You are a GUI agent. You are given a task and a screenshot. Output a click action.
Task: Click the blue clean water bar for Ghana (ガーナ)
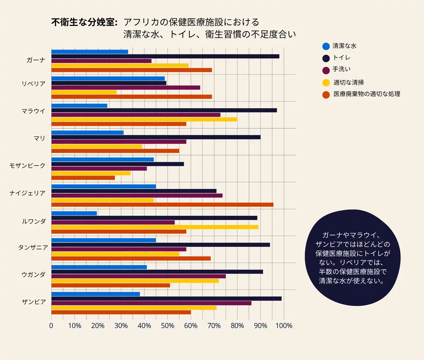point(89,52)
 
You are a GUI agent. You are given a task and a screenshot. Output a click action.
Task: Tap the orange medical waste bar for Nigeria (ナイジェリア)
point(162,205)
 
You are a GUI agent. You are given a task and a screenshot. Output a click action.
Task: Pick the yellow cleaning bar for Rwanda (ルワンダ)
point(155,227)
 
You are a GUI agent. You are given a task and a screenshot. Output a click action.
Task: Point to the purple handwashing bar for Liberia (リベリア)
point(126,88)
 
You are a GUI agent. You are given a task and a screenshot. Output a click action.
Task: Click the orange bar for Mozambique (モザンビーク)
point(83,178)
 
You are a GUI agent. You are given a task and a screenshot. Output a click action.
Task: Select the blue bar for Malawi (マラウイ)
point(79,106)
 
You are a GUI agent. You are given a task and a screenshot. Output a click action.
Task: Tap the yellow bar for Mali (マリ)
point(97,146)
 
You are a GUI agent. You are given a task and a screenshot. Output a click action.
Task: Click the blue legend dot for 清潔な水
point(326,46)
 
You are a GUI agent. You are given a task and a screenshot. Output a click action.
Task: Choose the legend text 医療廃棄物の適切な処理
point(367,94)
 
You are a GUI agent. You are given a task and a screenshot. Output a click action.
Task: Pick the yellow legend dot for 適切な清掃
point(326,83)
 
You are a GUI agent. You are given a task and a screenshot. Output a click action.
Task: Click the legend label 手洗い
point(342,69)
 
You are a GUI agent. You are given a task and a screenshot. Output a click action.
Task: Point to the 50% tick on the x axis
point(168,326)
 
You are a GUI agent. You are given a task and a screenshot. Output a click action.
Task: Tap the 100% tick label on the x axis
point(284,326)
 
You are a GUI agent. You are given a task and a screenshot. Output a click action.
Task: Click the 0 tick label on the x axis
point(51,326)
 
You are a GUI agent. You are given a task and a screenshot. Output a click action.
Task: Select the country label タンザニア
point(33,248)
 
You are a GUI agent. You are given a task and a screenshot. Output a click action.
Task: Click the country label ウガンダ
point(33,274)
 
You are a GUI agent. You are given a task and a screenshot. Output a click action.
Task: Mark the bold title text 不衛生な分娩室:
point(84,23)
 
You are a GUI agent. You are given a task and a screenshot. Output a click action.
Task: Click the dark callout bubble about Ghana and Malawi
point(352,258)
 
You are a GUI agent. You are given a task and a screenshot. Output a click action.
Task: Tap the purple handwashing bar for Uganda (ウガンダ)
point(138,276)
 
